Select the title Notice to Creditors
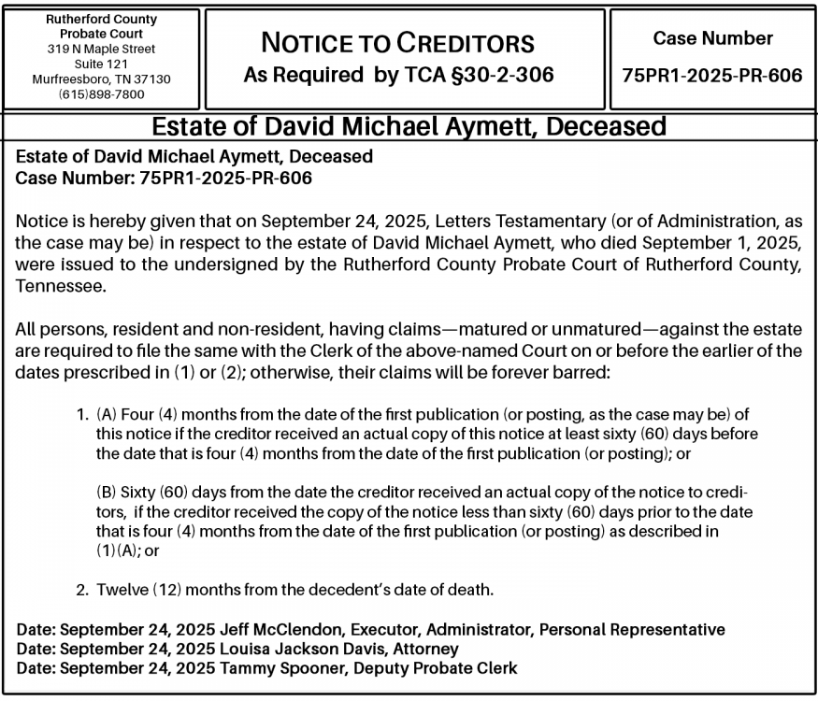coord(397,43)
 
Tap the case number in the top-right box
coord(712,75)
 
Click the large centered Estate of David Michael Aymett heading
coord(409,127)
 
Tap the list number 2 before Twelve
coord(81,590)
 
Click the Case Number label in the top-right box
coord(712,38)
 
